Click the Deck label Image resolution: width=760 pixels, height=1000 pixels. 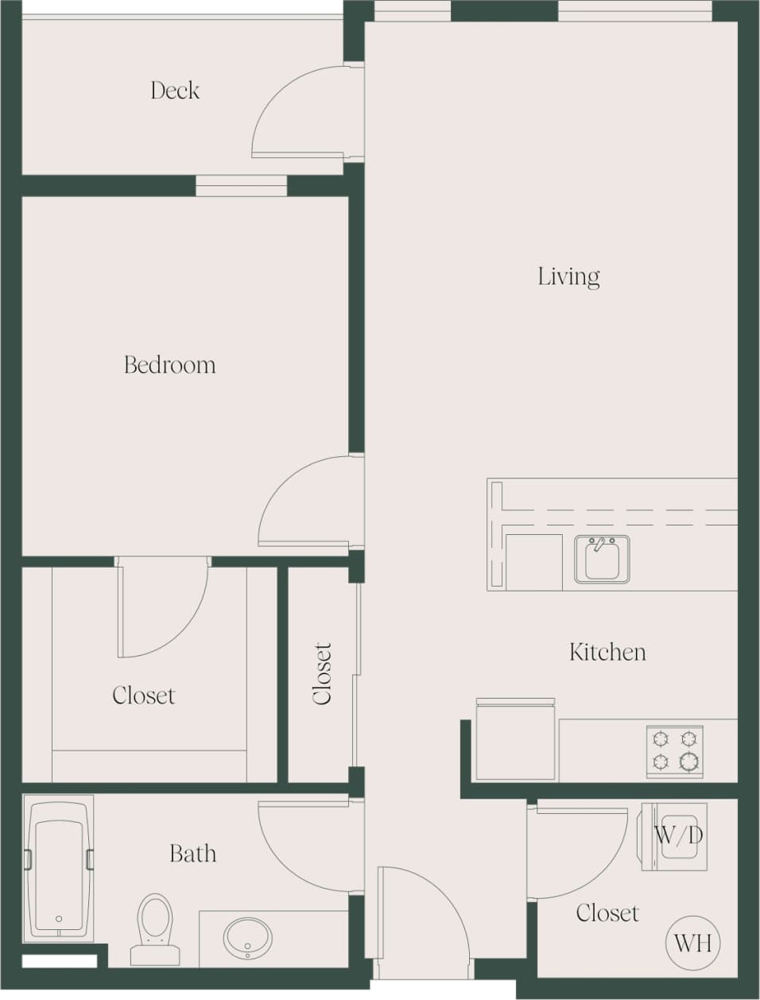point(175,91)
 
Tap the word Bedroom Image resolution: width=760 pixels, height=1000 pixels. point(169,365)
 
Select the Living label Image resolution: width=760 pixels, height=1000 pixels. point(568,277)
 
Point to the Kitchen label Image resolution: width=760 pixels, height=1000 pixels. point(607,653)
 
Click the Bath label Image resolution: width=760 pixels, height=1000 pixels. point(192,854)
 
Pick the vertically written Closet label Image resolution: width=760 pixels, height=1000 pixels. point(322,673)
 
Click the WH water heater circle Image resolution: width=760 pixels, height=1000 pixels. point(692,943)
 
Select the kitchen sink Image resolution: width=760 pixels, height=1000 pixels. point(602,559)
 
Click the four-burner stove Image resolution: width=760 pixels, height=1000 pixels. point(674,751)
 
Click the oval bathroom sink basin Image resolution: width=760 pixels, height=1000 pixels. point(246,938)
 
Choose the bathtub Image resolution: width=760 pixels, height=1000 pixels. point(59,867)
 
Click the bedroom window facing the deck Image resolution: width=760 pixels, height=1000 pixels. point(241,185)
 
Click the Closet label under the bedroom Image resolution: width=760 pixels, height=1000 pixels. point(143,696)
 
